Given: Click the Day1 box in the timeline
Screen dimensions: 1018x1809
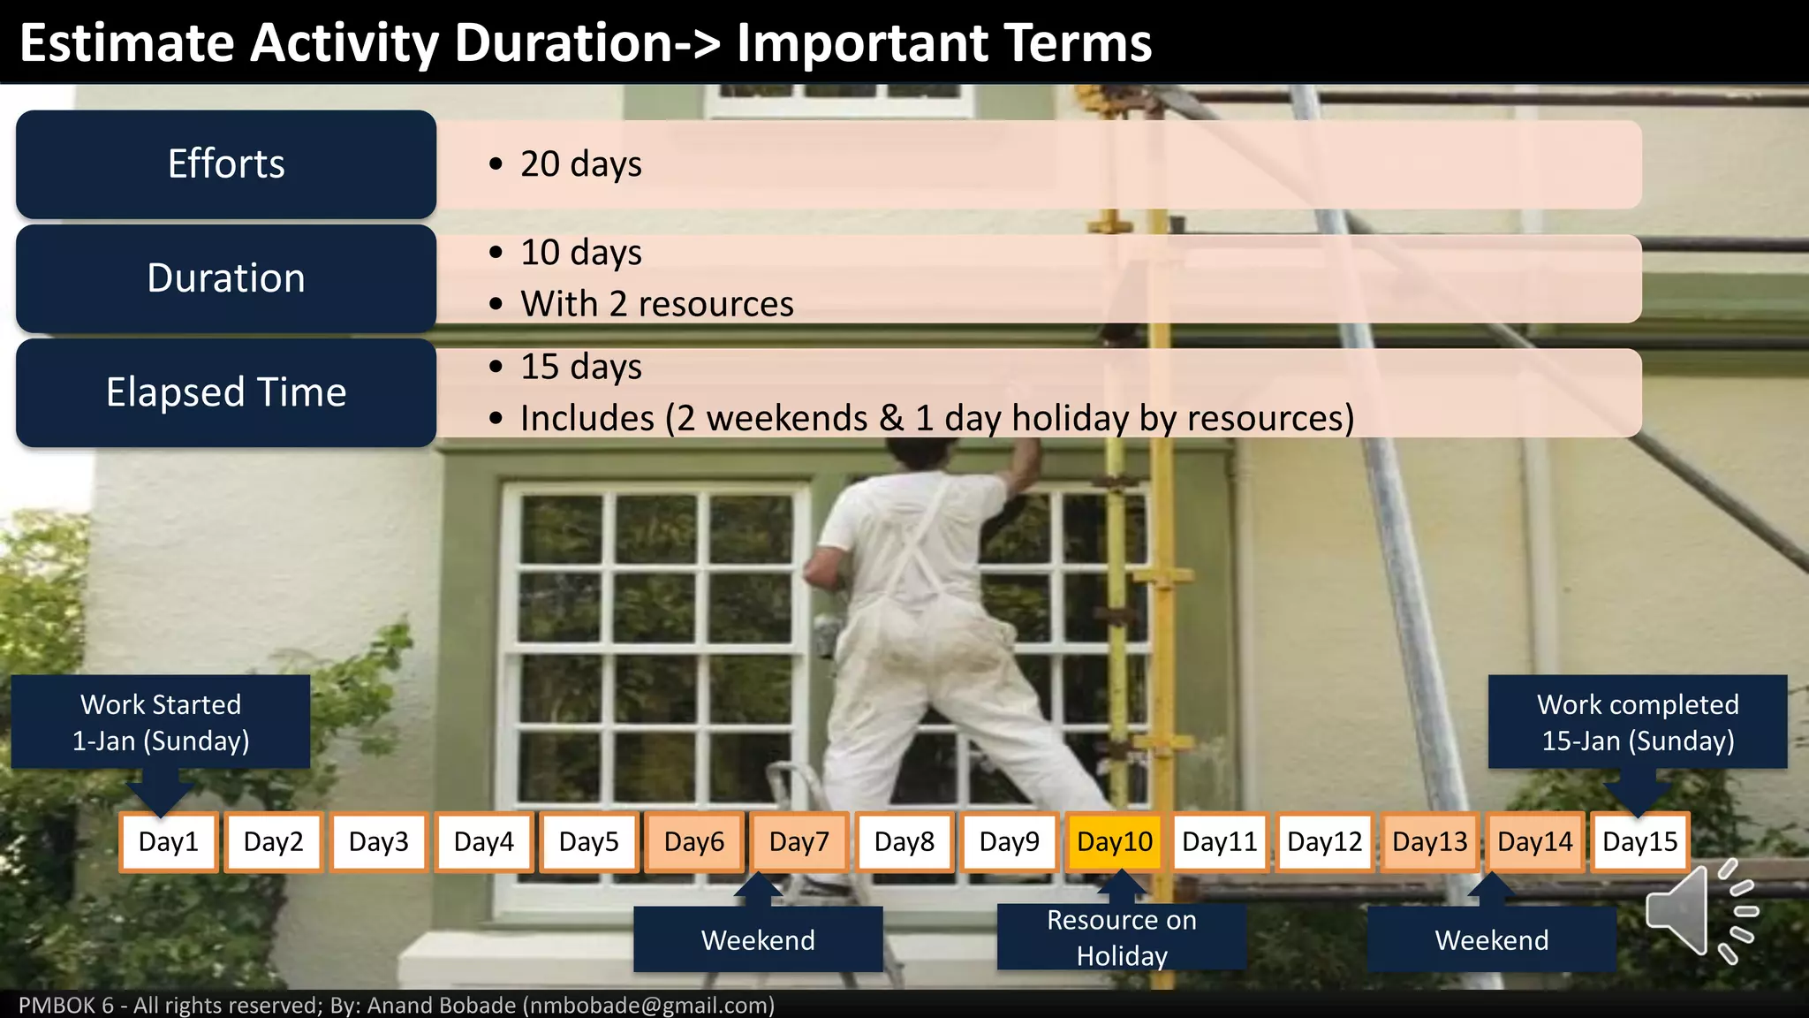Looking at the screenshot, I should [x=168, y=842].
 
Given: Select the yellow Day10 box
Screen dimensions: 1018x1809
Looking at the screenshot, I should [x=1115, y=842].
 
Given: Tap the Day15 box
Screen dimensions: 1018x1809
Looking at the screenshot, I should [x=1639, y=842].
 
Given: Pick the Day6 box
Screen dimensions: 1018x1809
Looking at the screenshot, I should [x=693, y=842].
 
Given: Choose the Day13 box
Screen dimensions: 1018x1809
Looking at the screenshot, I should [x=1429, y=842].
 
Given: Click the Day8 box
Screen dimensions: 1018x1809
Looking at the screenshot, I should [x=904, y=842].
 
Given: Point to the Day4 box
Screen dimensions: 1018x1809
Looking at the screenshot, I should [x=483, y=842].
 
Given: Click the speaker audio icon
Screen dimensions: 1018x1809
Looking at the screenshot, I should [x=1700, y=910].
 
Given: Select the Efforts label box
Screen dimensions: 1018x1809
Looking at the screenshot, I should [x=226, y=164].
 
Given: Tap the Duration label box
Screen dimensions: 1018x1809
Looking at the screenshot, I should [x=226, y=278].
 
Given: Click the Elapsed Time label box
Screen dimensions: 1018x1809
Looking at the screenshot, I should [x=226, y=392].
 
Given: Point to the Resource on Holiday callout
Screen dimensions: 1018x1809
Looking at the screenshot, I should [x=1121, y=938].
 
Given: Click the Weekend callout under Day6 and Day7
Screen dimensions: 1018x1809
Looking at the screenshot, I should [x=758, y=939].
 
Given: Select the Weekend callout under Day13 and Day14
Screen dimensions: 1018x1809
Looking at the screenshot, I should [x=1491, y=939].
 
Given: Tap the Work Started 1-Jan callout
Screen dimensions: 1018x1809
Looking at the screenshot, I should [x=161, y=722].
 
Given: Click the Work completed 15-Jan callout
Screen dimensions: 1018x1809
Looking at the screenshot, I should [x=1637, y=722].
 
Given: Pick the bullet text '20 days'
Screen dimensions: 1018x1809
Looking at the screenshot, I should [x=580, y=164].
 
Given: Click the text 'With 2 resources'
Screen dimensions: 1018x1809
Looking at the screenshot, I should [x=656, y=304].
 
